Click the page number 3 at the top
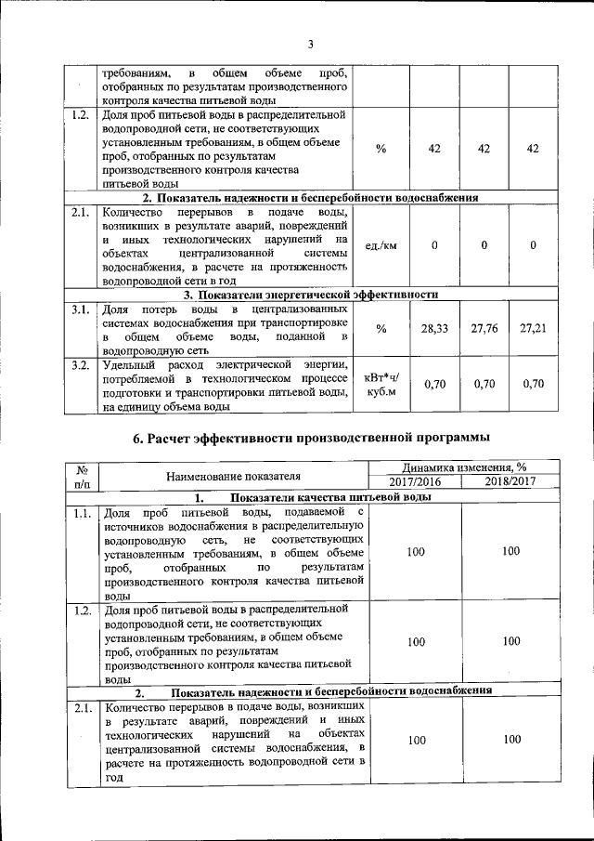(312, 44)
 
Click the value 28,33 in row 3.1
(433, 329)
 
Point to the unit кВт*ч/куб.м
(381, 384)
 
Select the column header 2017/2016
(415, 481)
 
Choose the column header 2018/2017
(510, 481)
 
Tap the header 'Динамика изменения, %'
(463, 468)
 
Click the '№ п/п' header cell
(82, 476)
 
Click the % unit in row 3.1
(381, 329)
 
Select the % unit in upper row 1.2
(381, 150)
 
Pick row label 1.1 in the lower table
(82, 512)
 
